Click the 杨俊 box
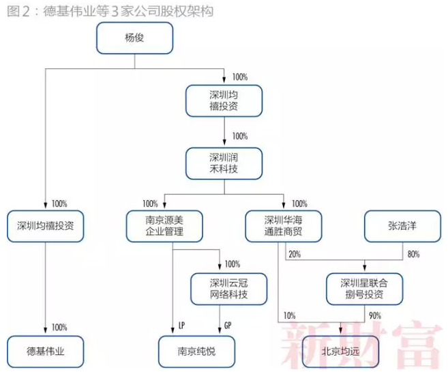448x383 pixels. click(134, 38)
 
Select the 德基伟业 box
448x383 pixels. click(46, 352)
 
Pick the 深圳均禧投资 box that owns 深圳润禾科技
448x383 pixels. click(224, 100)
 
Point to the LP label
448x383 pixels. click(181, 326)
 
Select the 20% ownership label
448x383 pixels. click(294, 254)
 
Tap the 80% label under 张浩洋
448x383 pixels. click(413, 254)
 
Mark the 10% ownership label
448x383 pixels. click(290, 315)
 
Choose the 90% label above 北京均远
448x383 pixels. click(374, 315)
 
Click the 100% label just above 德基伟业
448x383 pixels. click(59, 327)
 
